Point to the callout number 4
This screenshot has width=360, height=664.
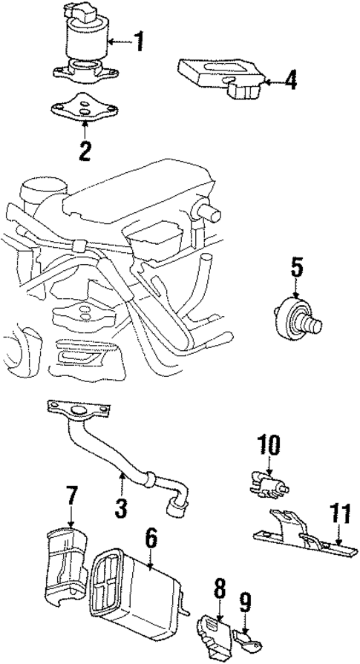[290, 80]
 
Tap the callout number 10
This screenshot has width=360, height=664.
[269, 445]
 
